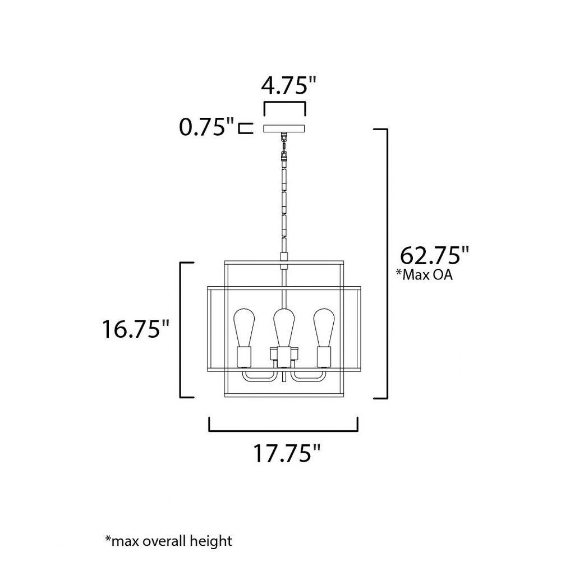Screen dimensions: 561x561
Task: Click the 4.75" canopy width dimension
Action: click(288, 86)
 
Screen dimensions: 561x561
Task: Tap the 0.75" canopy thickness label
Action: click(206, 127)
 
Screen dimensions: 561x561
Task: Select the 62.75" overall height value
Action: click(434, 255)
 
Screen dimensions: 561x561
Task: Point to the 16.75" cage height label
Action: click(135, 329)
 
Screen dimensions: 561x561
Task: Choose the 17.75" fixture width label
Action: click(287, 453)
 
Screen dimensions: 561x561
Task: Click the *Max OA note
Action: click(424, 274)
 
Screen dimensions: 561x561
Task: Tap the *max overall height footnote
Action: click(168, 541)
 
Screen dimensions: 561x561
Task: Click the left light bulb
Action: click(244, 327)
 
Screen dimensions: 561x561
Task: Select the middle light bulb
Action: click(284, 327)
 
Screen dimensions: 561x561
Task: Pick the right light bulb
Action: click(324, 327)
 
